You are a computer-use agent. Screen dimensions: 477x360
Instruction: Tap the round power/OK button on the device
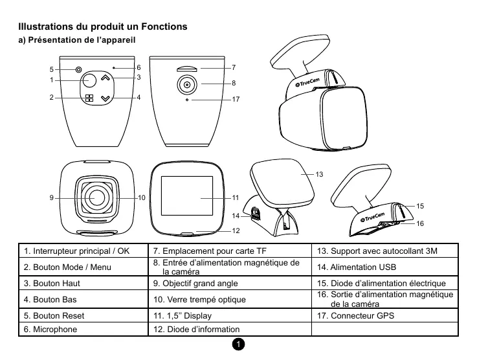(89, 80)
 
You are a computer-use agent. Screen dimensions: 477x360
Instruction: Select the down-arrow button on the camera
(106, 98)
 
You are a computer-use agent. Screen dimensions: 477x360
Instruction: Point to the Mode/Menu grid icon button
(89, 98)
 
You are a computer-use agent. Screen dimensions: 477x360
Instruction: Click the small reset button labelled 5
(78, 69)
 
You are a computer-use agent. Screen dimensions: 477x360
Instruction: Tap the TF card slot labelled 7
(186, 67)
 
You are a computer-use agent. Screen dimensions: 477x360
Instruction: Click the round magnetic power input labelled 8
(186, 84)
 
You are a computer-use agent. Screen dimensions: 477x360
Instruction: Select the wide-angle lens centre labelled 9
(98, 197)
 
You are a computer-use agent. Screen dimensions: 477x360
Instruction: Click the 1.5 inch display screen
(187, 197)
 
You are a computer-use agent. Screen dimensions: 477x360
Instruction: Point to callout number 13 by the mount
(319, 175)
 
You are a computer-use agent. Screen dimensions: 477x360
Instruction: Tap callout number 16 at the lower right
(420, 223)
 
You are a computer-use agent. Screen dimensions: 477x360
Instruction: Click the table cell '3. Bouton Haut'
(84, 284)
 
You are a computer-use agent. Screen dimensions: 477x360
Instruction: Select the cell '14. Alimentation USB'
(386, 267)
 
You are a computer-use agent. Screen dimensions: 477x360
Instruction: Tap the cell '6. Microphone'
(84, 330)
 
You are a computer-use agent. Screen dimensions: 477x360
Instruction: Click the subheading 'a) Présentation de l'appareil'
(78, 41)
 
